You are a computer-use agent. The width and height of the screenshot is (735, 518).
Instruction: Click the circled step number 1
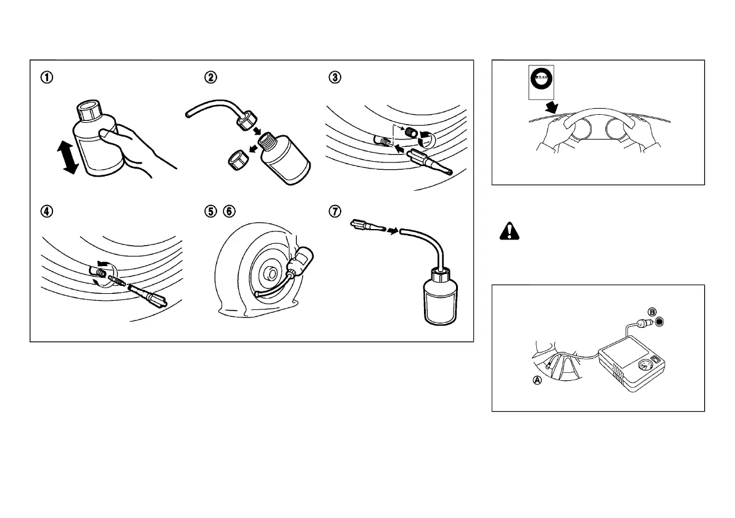coord(46,78)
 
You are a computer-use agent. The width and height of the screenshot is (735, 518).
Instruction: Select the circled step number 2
coord(211,78)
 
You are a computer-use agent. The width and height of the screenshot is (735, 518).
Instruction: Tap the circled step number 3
coord(334,78)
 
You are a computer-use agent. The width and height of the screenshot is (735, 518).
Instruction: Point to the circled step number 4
coord(46,211)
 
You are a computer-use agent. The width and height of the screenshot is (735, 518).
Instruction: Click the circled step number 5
coord(211,211)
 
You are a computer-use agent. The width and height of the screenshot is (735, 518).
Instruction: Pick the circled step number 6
coord(229,211)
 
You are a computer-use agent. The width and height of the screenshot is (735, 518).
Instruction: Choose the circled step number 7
coord(334,211)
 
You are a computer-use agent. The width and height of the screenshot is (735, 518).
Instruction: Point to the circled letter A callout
coord(538,381)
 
